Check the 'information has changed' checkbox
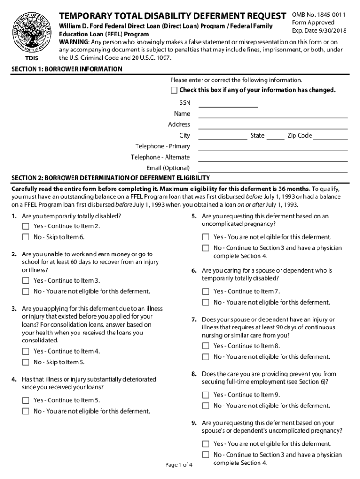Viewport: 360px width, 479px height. [x=174, y=90]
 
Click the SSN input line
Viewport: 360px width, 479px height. [x=228, y=104]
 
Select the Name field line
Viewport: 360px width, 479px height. [x=273, y=115]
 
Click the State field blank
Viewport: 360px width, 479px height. [x=275, y=137]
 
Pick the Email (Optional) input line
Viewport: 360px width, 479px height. [x=273, y=169]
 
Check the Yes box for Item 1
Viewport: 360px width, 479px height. [x=26, y=226]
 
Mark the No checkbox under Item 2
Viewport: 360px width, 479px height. [x=26, y=292]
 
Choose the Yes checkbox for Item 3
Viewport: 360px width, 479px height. [x=26, y=351]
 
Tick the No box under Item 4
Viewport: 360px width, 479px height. [x=26, y=412]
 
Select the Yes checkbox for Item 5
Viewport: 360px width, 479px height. [x=206, y=237]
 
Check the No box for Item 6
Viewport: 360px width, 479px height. [x=206, y=303]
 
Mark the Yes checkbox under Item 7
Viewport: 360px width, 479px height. [x=206, y=346]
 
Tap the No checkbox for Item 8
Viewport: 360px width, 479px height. [x=206, y=406]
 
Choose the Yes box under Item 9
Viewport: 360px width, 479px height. [x=206, y=444]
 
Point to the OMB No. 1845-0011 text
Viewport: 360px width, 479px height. [x=318, y=15]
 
